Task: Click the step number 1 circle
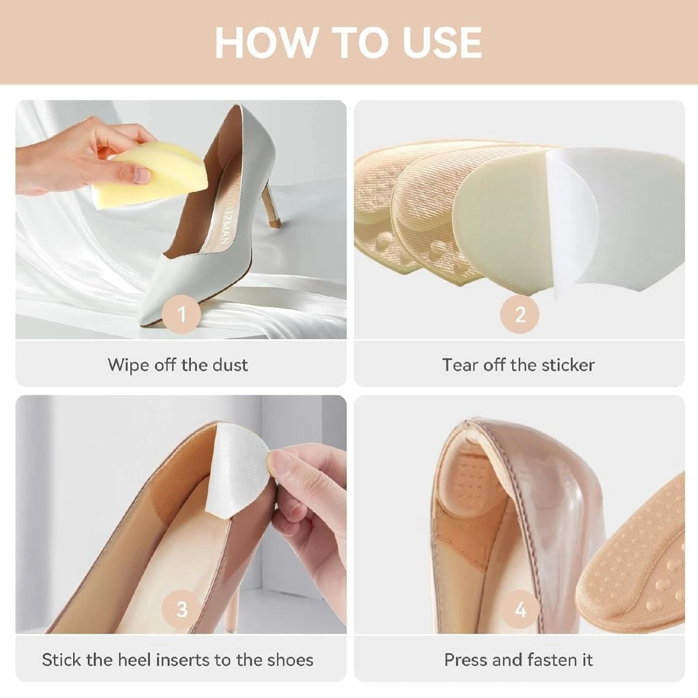(x=181, y=314)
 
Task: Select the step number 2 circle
(x=520, y=314)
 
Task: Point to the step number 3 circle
(x=181, y=609)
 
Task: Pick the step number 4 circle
(x=520, y=609)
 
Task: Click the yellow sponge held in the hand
(x=152, y=174)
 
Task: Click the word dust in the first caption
(x=230, y=365)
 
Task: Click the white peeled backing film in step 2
(x=616, y=218)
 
